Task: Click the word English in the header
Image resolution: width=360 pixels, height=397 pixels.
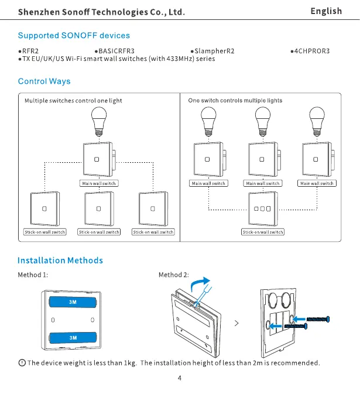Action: [326, 11]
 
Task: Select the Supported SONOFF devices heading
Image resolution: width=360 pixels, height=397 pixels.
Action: [74, 36]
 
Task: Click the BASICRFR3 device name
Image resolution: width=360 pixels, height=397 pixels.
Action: [116, 51]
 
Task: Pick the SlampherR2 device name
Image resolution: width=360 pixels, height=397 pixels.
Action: [215, 51]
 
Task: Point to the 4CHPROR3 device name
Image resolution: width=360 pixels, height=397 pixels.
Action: [312, 51]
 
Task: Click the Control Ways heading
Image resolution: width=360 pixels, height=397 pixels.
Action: [44, 81]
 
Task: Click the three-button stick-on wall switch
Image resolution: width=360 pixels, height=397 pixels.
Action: [262, 209]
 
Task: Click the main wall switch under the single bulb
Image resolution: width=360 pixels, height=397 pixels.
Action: [98, 159]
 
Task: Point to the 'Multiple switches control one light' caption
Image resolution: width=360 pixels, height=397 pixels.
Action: [73, 101]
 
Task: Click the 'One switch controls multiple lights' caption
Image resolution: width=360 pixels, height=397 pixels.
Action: [235, 101]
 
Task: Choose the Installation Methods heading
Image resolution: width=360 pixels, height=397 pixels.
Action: [60, 261]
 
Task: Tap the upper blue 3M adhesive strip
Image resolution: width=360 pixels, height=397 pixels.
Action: [73, 302]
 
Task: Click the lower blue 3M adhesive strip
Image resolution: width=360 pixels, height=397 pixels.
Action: [73, 337]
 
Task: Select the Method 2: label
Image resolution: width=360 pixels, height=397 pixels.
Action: [174, 275]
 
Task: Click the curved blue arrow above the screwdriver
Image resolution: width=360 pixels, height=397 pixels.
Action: [201, 283]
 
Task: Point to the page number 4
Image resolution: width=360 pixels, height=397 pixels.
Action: [180, 378]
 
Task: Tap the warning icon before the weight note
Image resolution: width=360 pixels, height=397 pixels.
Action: [22, 363]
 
